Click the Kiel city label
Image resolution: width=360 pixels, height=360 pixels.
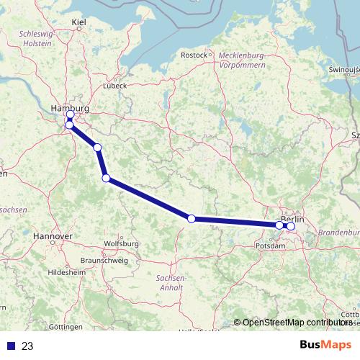(79, 23)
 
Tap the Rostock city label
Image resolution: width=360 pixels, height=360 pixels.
(194, 55)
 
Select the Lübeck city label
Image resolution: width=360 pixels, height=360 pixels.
(114, 85)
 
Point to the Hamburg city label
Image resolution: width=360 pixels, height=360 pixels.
(70, 108)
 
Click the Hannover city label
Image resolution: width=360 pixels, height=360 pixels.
(53, 236)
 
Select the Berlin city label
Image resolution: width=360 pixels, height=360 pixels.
(293, 219)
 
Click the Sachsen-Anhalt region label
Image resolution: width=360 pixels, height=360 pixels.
(171, 282)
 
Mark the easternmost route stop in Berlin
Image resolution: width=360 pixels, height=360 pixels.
(290, 226)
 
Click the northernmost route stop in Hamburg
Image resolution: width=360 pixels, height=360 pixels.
(70, 115)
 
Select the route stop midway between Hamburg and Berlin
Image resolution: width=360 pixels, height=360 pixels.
(191, 219)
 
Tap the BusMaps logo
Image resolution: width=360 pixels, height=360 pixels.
(325, 345)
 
